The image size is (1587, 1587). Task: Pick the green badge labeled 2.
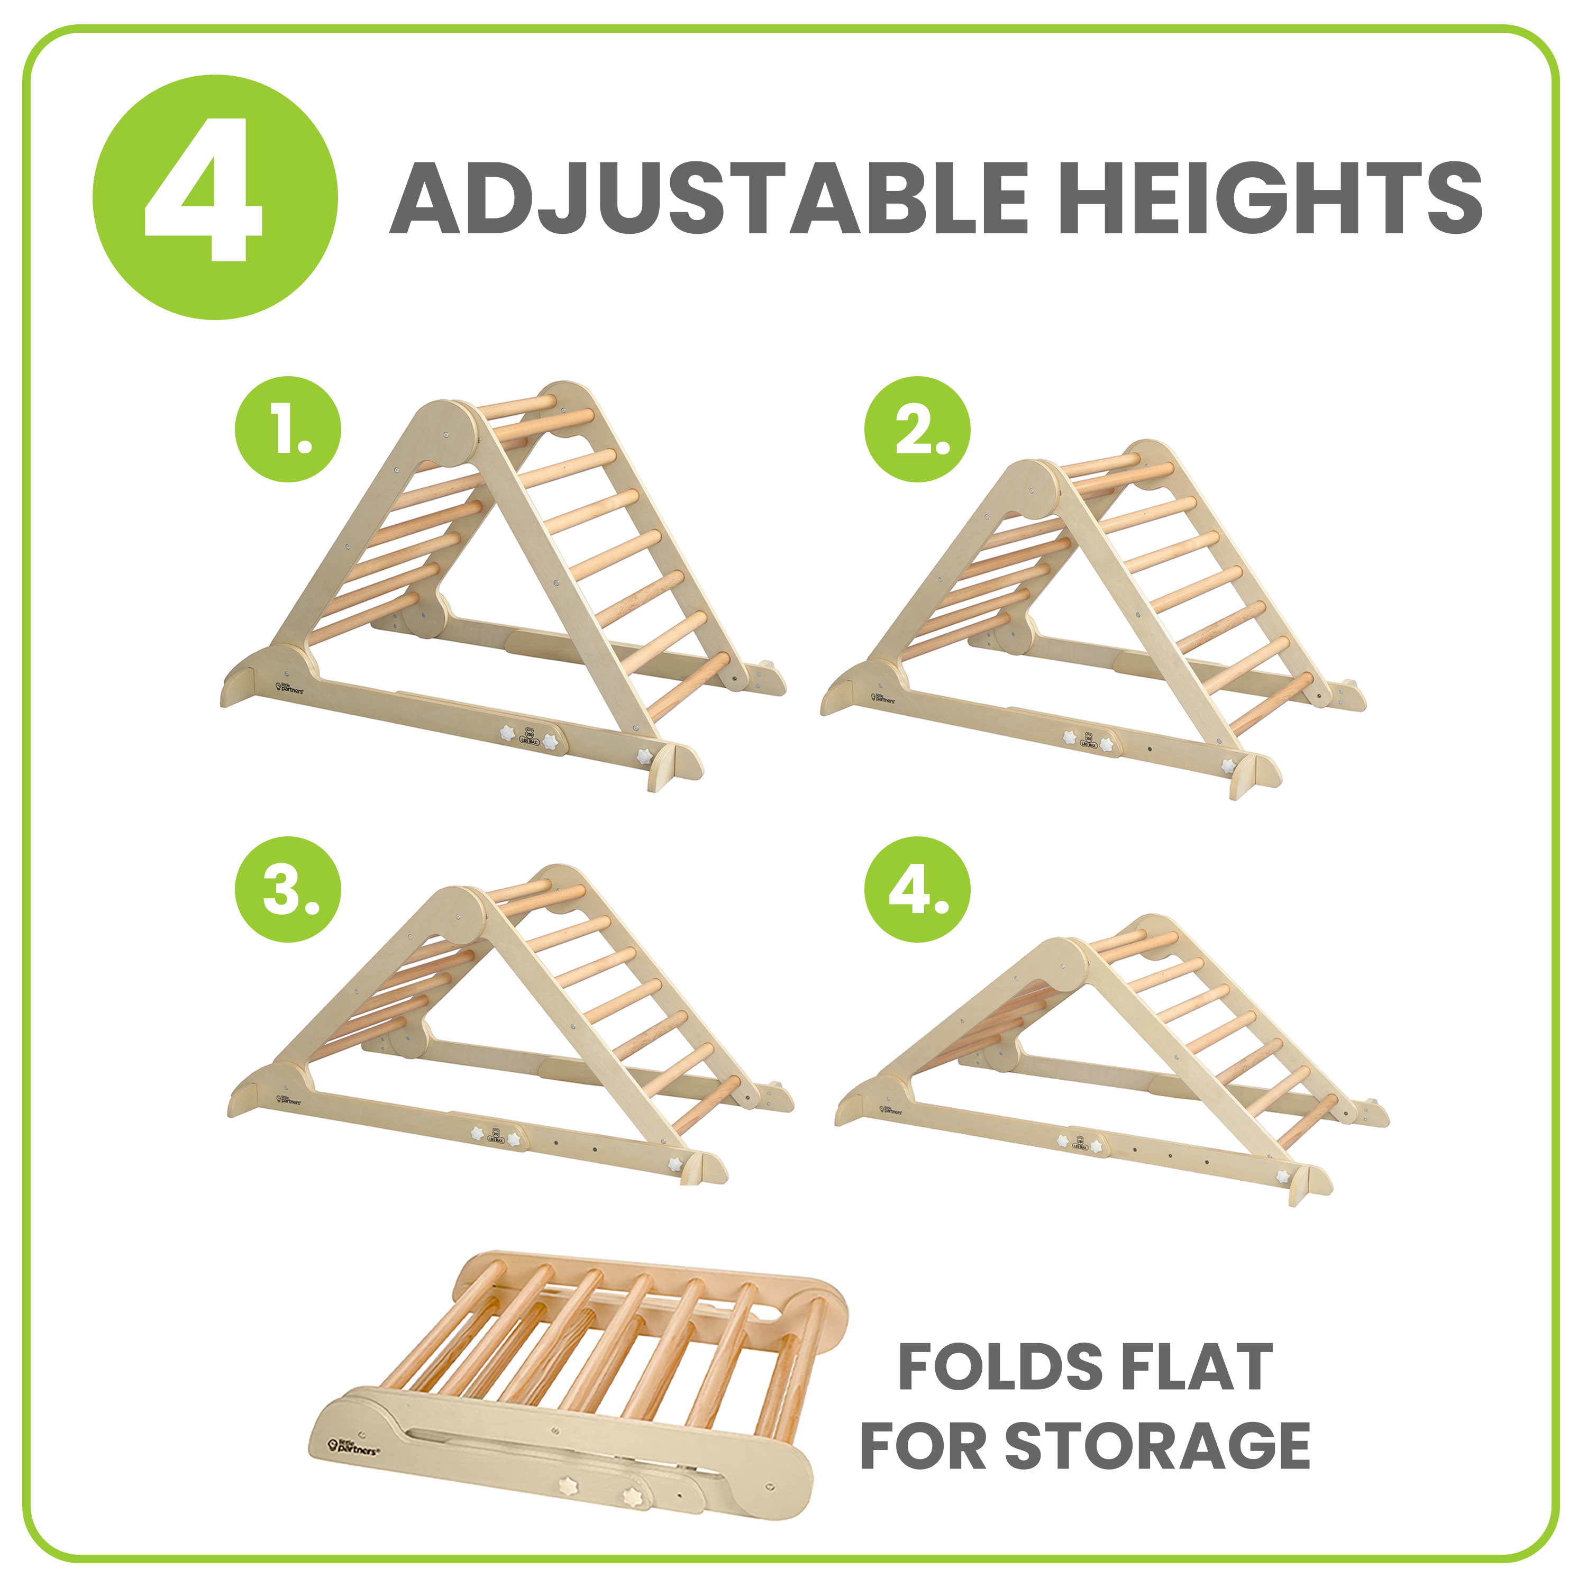pos(917,429)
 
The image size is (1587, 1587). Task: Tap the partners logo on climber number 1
pos(290,688)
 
